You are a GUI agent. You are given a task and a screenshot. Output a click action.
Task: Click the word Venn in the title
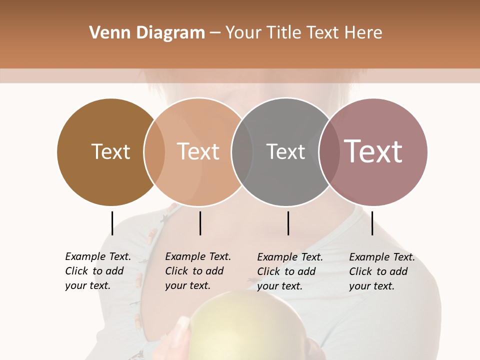[105, 33]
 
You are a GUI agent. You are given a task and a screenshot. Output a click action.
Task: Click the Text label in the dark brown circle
[110, 151]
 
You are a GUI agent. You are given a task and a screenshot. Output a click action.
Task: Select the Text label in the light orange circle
[198, 151]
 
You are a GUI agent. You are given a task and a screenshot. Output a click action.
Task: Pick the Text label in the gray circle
[285, 151]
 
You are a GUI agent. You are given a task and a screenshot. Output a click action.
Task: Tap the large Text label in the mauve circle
[373, 151]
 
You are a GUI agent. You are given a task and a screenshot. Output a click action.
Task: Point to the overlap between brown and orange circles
[154, 152]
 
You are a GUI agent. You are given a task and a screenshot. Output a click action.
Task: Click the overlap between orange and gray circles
[242, 152]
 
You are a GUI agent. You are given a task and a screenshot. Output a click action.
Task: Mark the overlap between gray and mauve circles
[329, 152]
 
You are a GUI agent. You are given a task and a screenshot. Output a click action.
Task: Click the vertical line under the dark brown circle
[112, 223]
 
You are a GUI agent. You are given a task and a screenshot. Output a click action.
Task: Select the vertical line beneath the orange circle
[200, 223]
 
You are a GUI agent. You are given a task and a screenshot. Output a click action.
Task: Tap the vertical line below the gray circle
[288, 223]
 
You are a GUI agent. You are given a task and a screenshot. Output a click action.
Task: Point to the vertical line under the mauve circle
[372, 223]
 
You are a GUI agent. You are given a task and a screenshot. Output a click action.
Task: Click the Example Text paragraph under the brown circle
[97, 271]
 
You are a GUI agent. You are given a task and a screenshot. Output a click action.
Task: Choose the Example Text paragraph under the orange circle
[197, 271]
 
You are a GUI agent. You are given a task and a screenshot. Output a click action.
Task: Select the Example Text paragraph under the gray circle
[289, 271]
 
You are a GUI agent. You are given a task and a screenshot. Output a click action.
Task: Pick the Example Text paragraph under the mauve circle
[381, 271]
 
